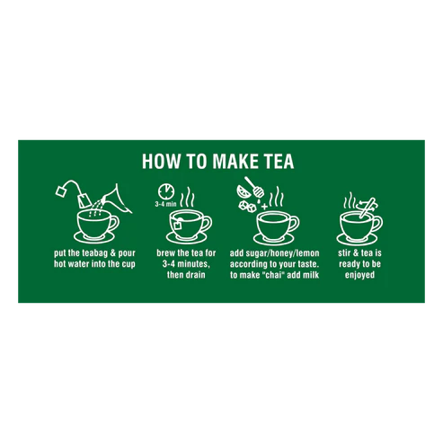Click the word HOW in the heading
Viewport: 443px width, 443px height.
coord(161,161)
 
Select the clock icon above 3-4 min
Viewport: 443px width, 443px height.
coord(166,191)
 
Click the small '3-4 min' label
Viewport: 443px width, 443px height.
coord(165,204)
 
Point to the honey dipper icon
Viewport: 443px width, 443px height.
coord(254,187)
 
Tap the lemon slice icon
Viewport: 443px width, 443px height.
coord(244,191)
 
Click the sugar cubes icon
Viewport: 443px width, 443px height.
coord(247,206)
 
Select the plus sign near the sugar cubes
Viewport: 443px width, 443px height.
coord(264,207)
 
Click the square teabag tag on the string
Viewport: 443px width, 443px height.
coord(61,190)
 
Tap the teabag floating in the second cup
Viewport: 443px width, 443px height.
coord(178,225)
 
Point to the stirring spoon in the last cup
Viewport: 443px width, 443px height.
coord(368,208)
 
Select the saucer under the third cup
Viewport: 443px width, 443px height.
coord(273,239)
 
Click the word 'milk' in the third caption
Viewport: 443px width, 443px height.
coord(311,275)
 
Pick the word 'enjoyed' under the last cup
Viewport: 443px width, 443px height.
coord(359,275)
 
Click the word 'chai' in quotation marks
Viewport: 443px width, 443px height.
coord(273,275)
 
